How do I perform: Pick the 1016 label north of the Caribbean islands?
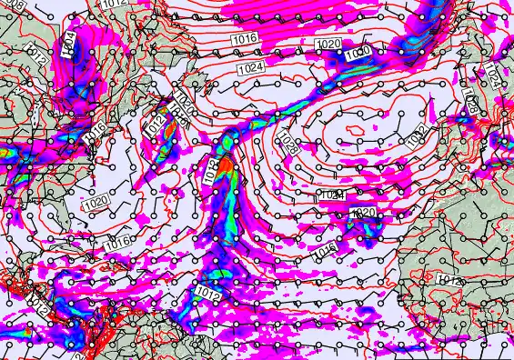coord(116,243)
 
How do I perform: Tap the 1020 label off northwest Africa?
coord(363,213)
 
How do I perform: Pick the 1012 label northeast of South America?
coord(207,294)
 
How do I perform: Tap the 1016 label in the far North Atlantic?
coord(244,38)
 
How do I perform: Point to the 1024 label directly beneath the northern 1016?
coord(250,68)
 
